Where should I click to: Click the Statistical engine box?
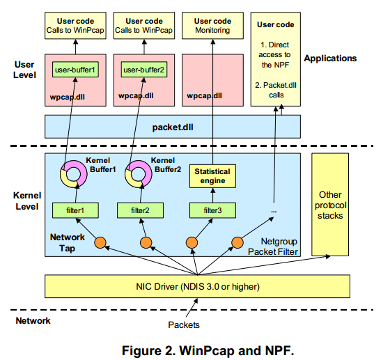click(212, 176)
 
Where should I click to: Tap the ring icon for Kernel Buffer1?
click(72, 175)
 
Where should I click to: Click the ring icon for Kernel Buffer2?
click(141, 175)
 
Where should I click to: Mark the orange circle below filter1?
click(100, 242)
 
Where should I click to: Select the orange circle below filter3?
click(189, 242)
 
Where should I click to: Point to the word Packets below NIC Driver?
click(186, 324)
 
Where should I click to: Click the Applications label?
click(330, 58)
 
